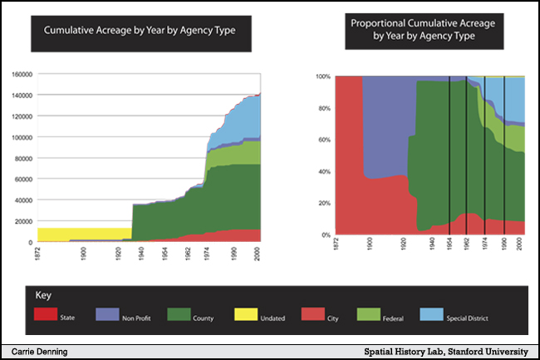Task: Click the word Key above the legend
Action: coord(43,295)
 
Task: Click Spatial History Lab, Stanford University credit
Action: coord(446,352)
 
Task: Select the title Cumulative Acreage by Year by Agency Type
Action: coord(127,31)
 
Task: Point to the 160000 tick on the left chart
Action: coord(22,74)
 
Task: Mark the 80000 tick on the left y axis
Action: coord(23,158)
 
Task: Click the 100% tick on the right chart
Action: coord(323,76)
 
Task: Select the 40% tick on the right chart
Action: coord(325,172)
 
